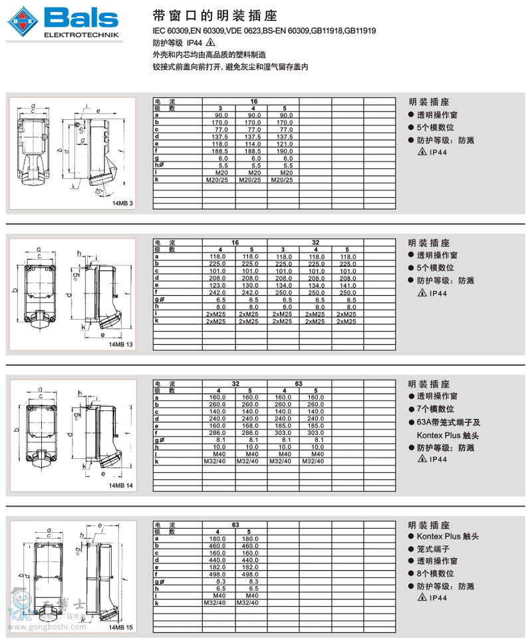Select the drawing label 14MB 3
[123, 203]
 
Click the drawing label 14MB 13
[122, 344]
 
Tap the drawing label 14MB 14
[122, 485]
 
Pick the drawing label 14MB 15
[122, 627]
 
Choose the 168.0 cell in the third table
[251, 426]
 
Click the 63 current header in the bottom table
[235, 525]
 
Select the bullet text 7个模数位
[436, 409]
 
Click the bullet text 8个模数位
[436, 573]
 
